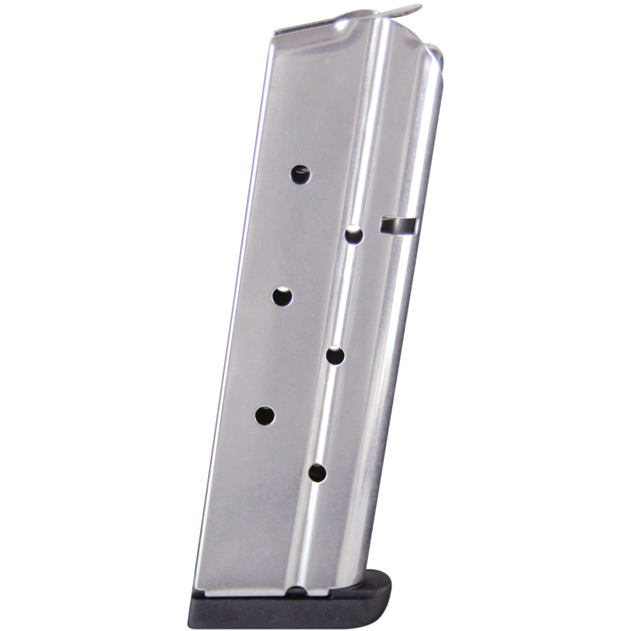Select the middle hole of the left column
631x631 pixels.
[283, 296]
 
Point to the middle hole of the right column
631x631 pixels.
[335, 355]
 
